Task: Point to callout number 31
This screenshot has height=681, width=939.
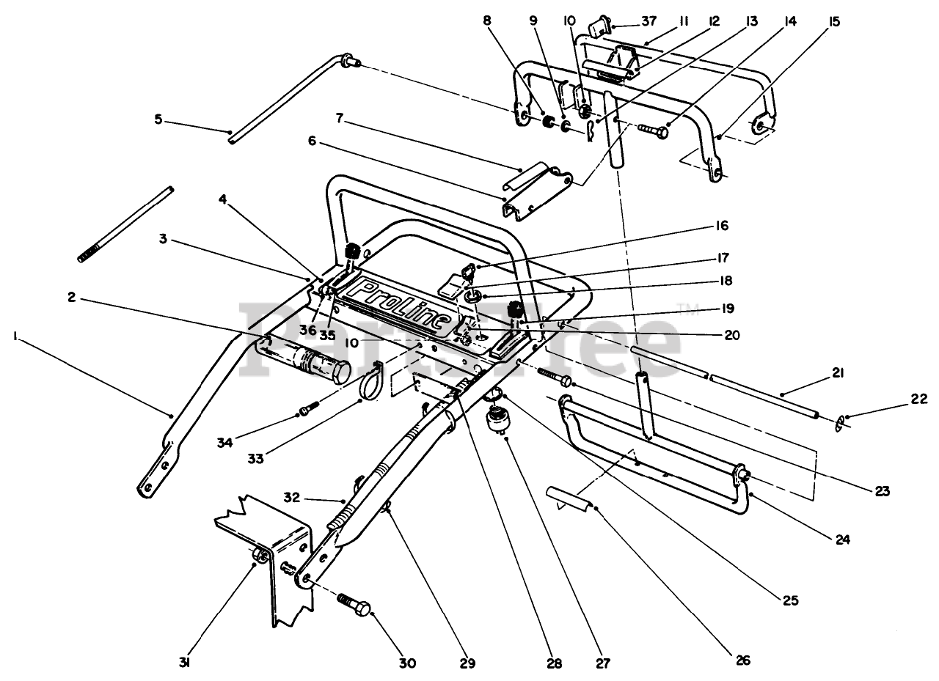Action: tap(185, 663)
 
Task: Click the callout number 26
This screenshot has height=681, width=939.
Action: tap(743, 660)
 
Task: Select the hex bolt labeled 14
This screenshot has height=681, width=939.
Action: tap(653, 131)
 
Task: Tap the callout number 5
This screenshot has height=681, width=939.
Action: tap(159, 119)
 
